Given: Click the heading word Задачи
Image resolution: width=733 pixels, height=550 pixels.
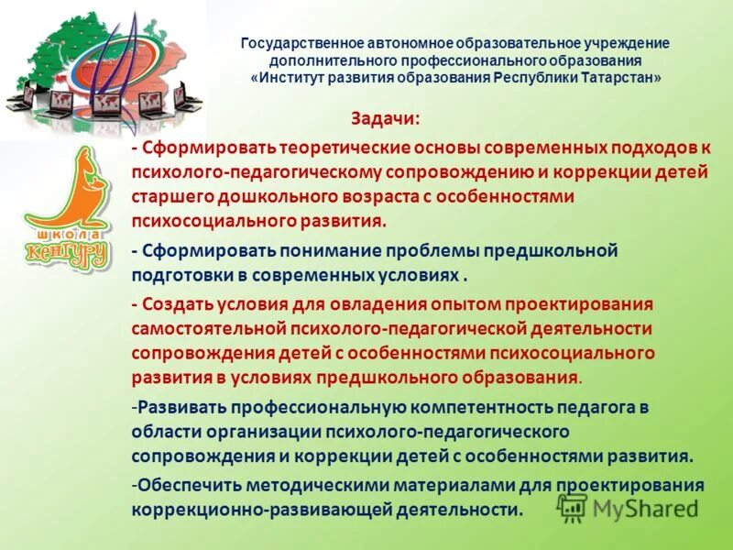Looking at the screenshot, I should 385,119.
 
